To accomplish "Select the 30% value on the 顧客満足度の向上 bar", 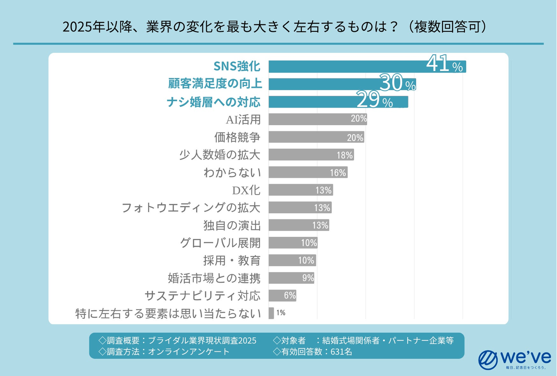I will [x=397, y=83].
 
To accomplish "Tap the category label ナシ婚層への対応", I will [x=214, y=102].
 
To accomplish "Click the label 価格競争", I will [x=237, y=137].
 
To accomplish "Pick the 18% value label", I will [x=345, y=155].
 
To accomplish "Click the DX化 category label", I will [x=246, y=190].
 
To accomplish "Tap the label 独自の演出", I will [x=232, y=225].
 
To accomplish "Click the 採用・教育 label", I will [x=232, y=260].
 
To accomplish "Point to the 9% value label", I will [x=308, y=278].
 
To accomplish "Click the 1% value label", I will [x=281, y=313].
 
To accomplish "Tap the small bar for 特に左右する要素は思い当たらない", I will [x=271, y=313].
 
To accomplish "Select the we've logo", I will [x=514, y=360].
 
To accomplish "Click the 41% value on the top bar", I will [x=444, y=65].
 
